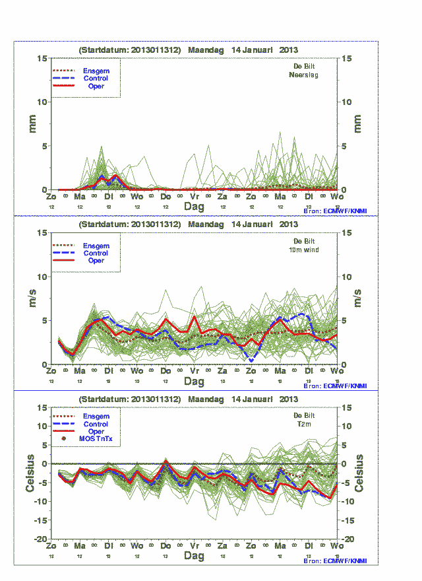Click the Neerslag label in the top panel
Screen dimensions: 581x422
304,75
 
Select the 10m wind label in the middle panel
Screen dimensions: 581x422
304,250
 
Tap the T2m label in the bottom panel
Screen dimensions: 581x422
304,425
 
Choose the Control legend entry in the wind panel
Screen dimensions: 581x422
96,253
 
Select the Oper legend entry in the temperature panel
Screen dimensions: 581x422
96,431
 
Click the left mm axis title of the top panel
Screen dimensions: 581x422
32,123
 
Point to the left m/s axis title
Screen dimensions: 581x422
32,298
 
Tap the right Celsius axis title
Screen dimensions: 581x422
359,473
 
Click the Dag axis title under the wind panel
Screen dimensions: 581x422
194,382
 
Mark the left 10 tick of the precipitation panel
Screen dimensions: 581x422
42,102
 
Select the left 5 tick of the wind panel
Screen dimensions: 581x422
44,320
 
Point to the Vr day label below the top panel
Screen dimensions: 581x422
195,197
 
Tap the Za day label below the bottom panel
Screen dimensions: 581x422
223,547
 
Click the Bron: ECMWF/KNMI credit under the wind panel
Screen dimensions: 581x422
340,386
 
